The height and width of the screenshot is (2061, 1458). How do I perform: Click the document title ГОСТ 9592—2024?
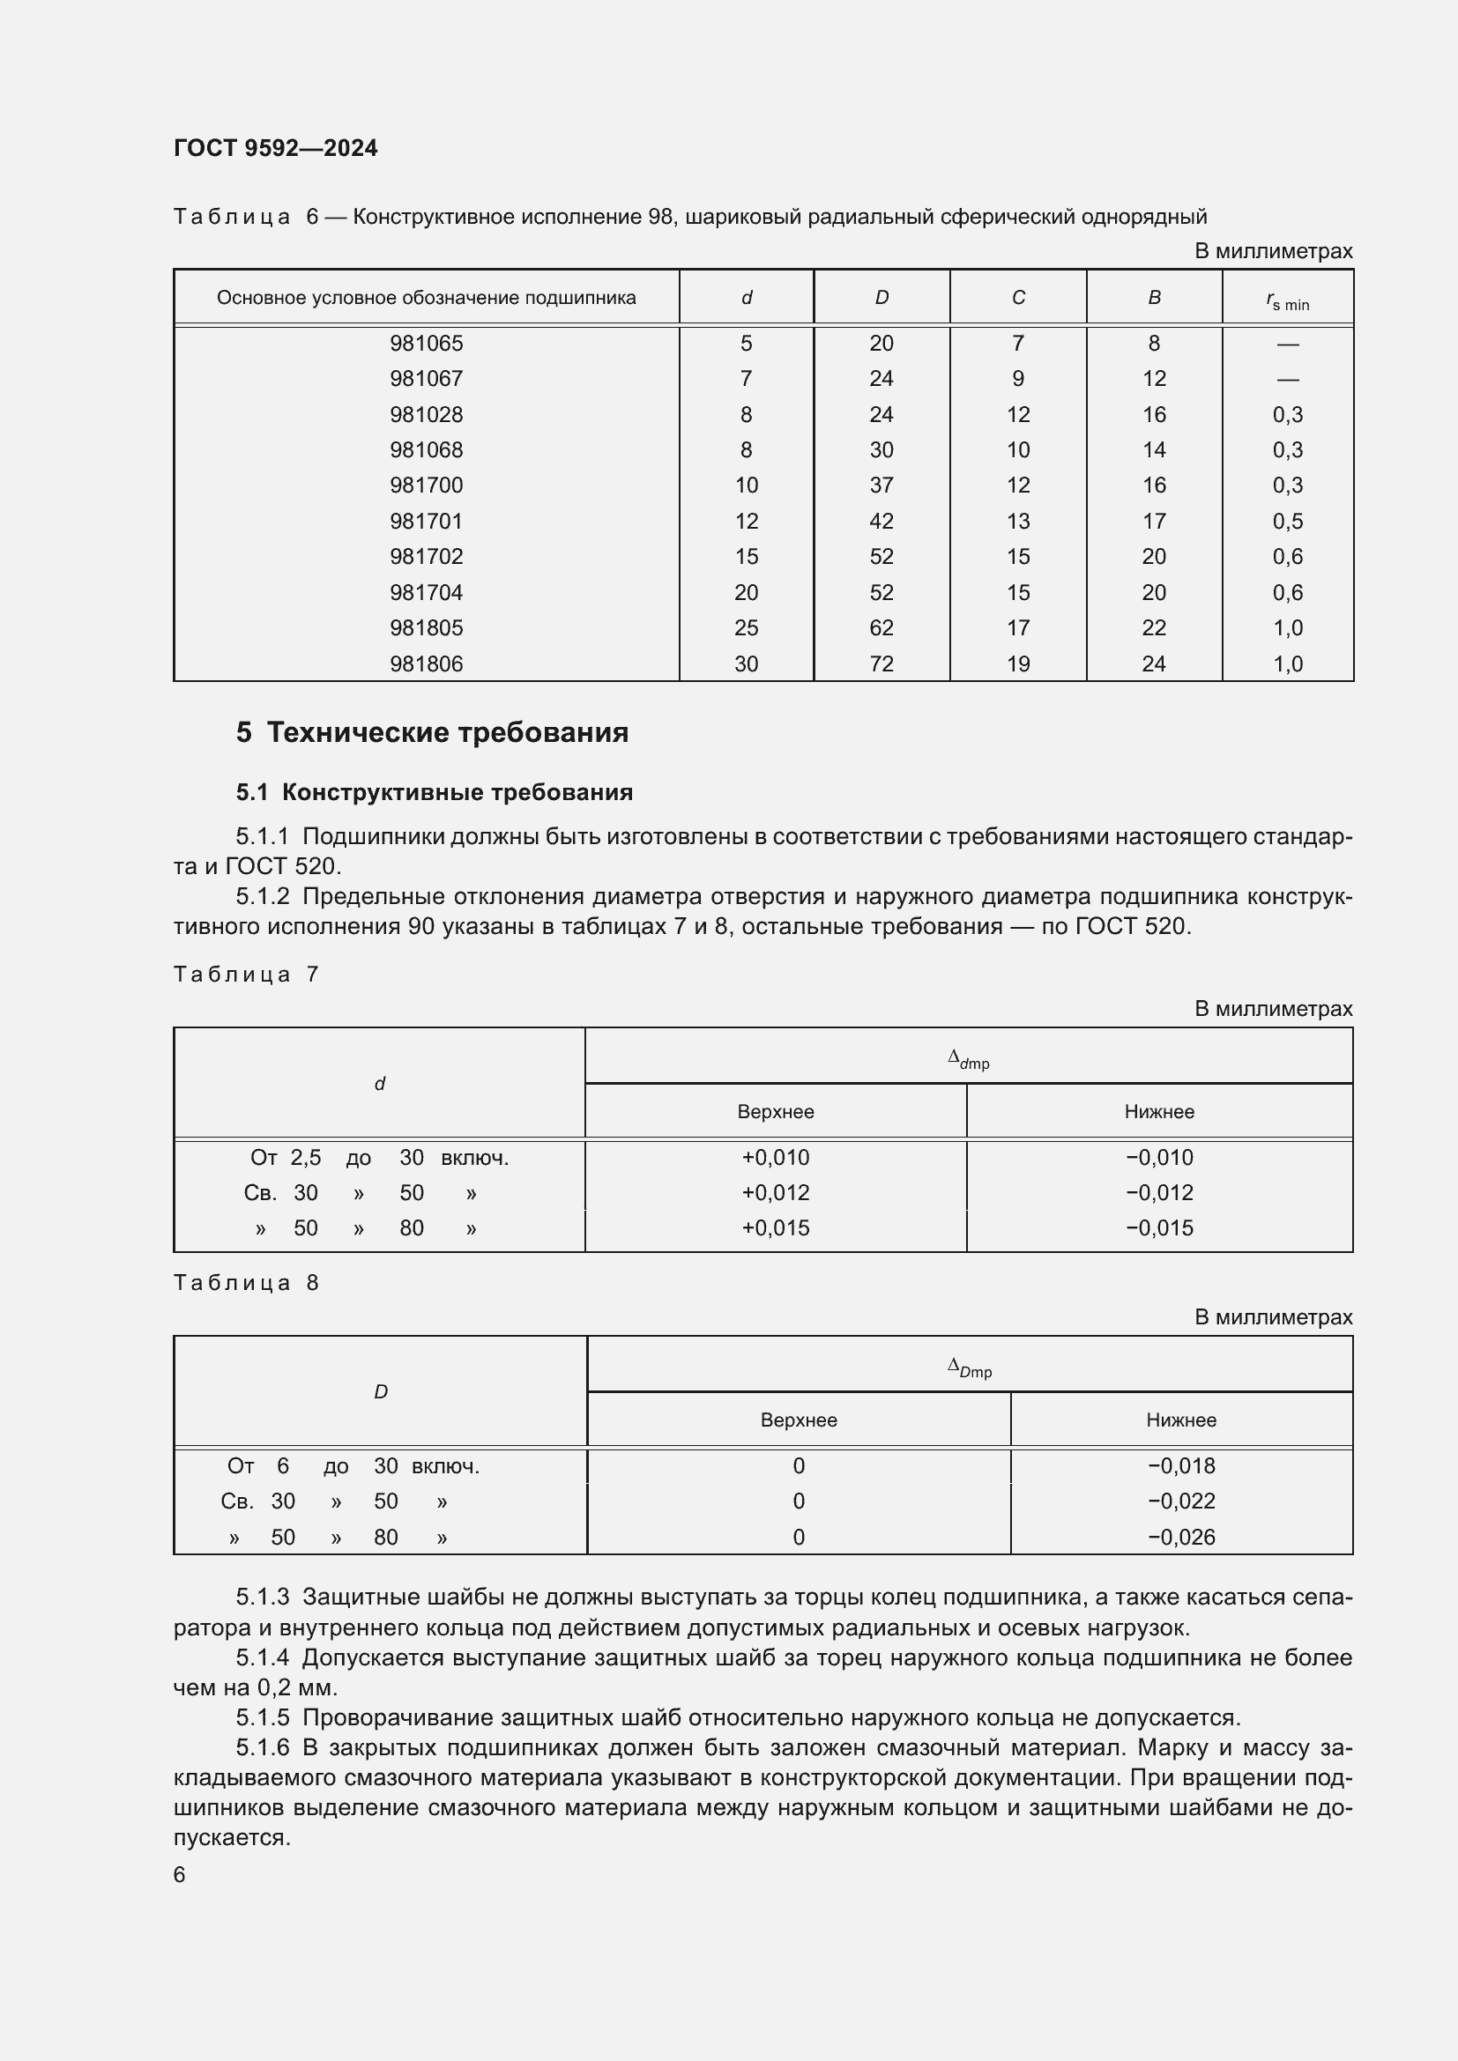tap(276, 148)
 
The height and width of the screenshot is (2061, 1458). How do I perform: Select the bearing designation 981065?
tap(427, 343)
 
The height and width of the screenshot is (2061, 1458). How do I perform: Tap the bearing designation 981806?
tap(427, 664)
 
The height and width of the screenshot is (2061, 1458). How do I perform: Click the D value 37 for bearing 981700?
tap(881, 485)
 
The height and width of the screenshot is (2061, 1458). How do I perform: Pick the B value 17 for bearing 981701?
tap(1154, 521)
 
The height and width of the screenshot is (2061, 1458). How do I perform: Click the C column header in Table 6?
tap(1017, 298)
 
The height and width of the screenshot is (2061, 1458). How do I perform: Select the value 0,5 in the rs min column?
tap(1287, 521)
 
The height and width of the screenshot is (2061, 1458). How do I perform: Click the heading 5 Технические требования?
tap(432, 732)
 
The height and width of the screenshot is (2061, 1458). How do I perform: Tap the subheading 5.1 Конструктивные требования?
tap(435, 792)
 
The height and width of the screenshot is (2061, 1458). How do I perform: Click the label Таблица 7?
tap(246, 974)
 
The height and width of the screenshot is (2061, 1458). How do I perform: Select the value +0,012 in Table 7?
tap(775, 1192)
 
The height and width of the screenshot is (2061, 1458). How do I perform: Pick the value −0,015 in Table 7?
tap(1159, 1227)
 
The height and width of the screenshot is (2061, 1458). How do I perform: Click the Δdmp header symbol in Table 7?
tap(968, 1060)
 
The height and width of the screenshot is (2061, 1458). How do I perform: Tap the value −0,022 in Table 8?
tap(1180, 1500)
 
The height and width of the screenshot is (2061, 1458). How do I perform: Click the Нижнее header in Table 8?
tap(1180, 1420)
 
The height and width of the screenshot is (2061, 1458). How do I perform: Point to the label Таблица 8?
tap(246, 1282)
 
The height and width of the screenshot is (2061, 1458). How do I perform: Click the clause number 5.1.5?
tap(262, 1717)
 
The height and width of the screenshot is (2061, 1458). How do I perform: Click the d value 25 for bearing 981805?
tap(746, 627)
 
